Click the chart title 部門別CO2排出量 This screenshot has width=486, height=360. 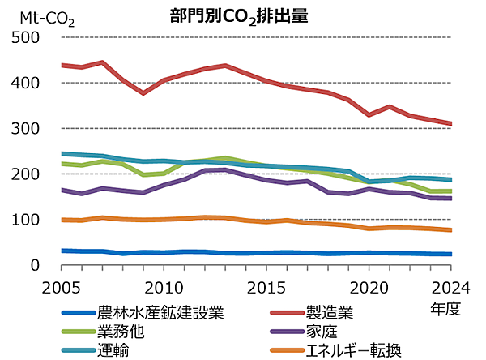(239, 17)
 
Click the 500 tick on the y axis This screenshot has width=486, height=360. (25, 37)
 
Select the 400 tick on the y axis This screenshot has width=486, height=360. (25, 83)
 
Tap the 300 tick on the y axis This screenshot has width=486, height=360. (25, 129)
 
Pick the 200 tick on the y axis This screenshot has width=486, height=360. (25, 174)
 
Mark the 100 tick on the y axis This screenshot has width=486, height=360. (25, 220)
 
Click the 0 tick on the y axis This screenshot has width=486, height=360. (33, 265)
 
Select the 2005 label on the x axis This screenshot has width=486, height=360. (62, 286)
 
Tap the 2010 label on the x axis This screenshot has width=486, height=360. (165, 286)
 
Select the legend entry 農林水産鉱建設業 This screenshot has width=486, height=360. (160, 312)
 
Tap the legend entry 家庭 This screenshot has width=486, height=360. (320, 332)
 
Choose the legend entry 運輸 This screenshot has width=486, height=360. (113, 350)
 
